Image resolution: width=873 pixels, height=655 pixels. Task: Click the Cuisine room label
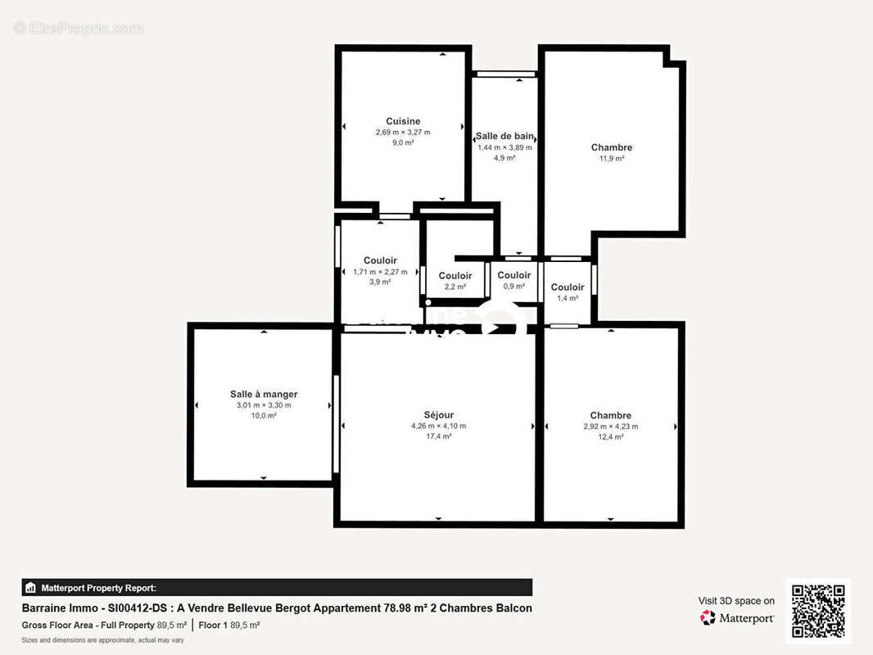point(403,121)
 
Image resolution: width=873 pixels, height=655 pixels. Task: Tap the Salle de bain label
point(504,136)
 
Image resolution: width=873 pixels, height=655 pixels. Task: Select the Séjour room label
point(438,415)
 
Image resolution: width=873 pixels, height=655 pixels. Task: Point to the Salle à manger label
point(264,394)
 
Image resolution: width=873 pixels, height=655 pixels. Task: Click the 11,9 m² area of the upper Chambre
point(611,159)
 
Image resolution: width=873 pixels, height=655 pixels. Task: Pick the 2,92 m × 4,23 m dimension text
point(610,427)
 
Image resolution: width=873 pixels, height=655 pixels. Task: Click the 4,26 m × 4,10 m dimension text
point(438,426)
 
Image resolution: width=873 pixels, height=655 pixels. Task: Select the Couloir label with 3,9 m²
point(380,260)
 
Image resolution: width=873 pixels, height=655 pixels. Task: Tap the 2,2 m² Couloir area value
point(455,287)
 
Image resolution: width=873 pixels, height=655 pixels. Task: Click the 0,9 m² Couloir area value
point(513,287)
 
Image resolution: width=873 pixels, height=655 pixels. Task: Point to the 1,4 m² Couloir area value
point(568,298)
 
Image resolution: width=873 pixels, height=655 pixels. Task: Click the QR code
point(817,611)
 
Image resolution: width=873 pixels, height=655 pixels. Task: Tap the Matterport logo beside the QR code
point(737,618)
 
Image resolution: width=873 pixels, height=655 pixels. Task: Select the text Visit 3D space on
point(735,601)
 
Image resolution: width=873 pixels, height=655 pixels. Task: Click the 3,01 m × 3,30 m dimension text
point(264,404)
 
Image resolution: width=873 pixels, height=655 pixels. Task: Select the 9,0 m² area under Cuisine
point(403,142)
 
